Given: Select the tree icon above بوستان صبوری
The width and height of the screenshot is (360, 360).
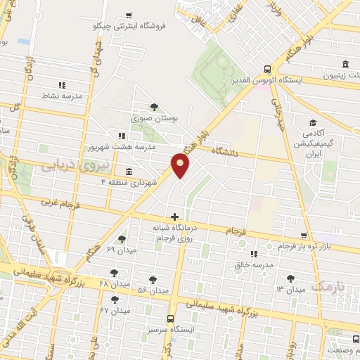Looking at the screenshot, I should [x=153, y=107].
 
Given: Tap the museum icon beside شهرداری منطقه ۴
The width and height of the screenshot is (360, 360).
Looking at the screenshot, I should [x=128, y=172].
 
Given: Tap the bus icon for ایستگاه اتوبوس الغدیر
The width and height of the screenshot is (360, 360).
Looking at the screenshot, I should [x=267, y=69].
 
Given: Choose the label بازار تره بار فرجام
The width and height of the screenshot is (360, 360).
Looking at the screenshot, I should [x=302, y=247].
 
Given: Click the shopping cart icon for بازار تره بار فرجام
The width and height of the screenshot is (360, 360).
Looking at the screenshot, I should [x=303, y=236].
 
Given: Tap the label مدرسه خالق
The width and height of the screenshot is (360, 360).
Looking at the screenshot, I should [x=252, y=265].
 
